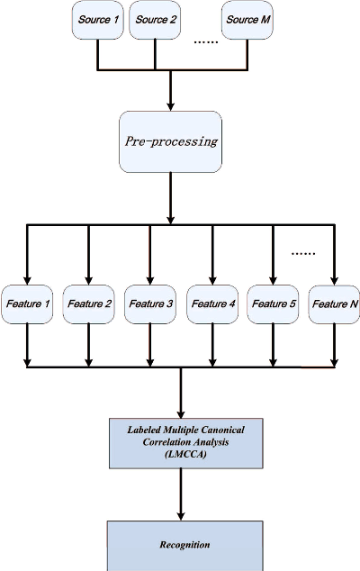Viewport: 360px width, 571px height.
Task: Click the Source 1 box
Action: [x=95, y=21]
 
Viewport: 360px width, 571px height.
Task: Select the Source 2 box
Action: [x=155, y=21]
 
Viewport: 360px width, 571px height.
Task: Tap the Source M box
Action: [x=247, y=21]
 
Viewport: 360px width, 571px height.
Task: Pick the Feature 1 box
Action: [x=26, y=304]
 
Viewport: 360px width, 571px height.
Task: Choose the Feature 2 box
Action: [x=88, y=304]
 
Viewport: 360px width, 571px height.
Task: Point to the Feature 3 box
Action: [x=149, y=304]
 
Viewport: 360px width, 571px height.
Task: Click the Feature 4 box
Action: [x=213, y=304]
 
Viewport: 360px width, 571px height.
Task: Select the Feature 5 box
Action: [x=273, y=304]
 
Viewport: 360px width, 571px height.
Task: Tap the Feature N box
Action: [x=334, y=304]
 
